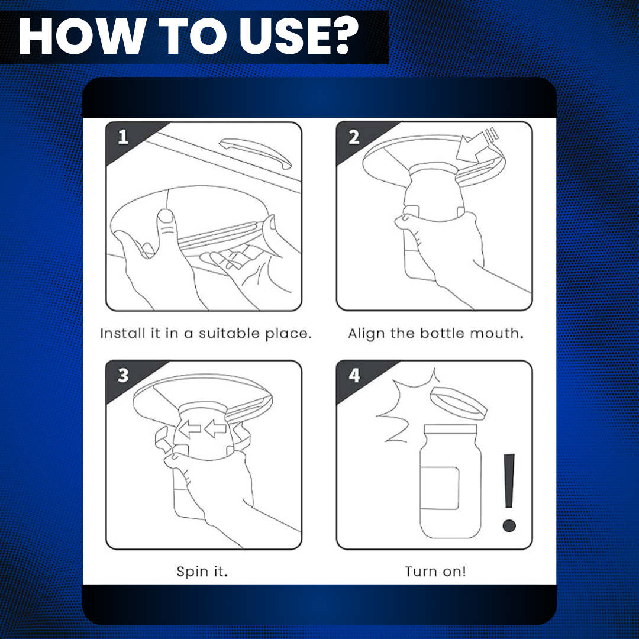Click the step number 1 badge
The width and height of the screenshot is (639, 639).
122,137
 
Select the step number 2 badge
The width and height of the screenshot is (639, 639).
354,137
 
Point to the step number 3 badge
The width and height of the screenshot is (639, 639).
122,375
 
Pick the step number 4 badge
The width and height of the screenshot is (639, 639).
354,375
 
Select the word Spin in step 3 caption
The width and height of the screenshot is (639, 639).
192,572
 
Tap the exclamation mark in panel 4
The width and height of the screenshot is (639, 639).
509,493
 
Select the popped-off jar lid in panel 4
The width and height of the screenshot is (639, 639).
459,404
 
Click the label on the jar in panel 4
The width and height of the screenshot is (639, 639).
440,488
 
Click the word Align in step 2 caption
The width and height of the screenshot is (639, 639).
366,334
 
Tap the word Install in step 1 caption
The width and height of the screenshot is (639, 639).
122,333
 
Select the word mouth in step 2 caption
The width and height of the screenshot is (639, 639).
497,333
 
